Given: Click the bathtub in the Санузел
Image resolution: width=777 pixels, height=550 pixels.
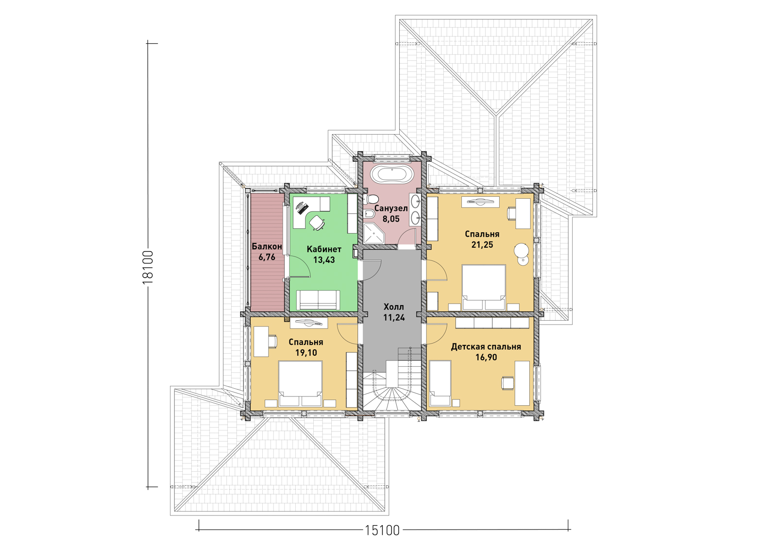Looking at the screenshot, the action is [x=391, y=173].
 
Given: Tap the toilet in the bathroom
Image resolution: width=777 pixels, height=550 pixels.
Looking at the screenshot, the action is [x=371, y=199].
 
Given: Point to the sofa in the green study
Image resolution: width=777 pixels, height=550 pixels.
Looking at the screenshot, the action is [x=318, y=300].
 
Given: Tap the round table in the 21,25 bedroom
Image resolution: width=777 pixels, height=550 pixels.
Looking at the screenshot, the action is [x=522, y=250].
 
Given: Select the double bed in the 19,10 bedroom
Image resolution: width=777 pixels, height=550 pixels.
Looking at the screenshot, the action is [x=301, y=383].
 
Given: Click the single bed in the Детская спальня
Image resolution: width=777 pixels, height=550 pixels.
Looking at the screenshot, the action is [x=440, y=383].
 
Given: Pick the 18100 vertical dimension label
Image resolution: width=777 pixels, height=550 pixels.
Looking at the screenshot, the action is [x=148, y=268].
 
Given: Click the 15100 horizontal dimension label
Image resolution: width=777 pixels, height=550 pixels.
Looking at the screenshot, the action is [x=382, y=530].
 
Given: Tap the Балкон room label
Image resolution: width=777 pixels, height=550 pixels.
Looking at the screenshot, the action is [x=267, y=246].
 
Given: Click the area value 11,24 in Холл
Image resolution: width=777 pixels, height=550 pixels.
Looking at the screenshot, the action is [x=394, y=317].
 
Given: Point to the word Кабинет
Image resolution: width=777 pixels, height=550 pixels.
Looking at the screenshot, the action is [x=324, y=249].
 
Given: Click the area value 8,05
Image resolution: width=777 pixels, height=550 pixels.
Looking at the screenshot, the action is [x=391, y=219].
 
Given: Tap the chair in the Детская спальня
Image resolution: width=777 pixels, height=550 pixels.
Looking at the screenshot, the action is [x=507, y=383].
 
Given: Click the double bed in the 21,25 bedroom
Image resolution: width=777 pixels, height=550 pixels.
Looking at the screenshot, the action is [x=484, y=287].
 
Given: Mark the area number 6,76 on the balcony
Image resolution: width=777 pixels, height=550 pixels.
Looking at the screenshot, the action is [x=267, y=257].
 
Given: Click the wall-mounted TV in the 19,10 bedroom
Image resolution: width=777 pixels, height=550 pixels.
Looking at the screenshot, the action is [x=309, y=323].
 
